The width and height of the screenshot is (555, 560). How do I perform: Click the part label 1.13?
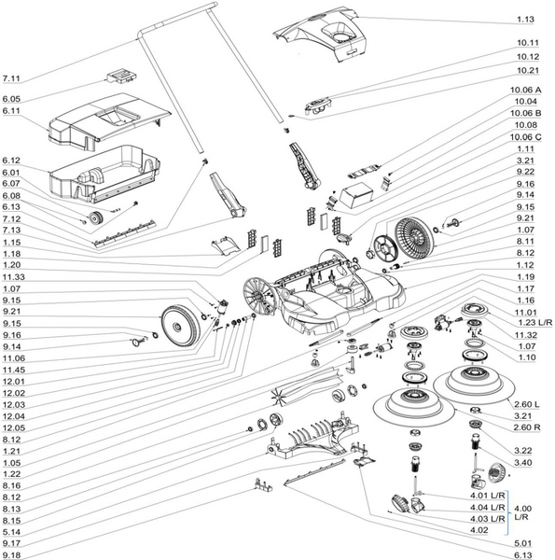(x=525, y=20)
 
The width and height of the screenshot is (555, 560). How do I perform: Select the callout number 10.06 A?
(x=525, y=90)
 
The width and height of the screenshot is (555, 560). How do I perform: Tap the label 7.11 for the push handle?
(x=11, y=78)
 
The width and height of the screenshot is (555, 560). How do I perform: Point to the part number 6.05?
(x=11, y=99)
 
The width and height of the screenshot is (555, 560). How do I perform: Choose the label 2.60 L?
(x=526, y=404)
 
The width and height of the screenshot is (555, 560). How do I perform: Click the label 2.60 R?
(x=527, y=427)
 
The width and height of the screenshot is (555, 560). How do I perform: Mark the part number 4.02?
(x=479, y=530)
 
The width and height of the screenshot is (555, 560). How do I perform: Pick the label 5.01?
(x=523, y=543)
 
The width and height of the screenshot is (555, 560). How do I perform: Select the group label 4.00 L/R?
(x=523, y=512)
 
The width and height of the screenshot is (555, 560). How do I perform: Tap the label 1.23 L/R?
(x=534, y=323)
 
